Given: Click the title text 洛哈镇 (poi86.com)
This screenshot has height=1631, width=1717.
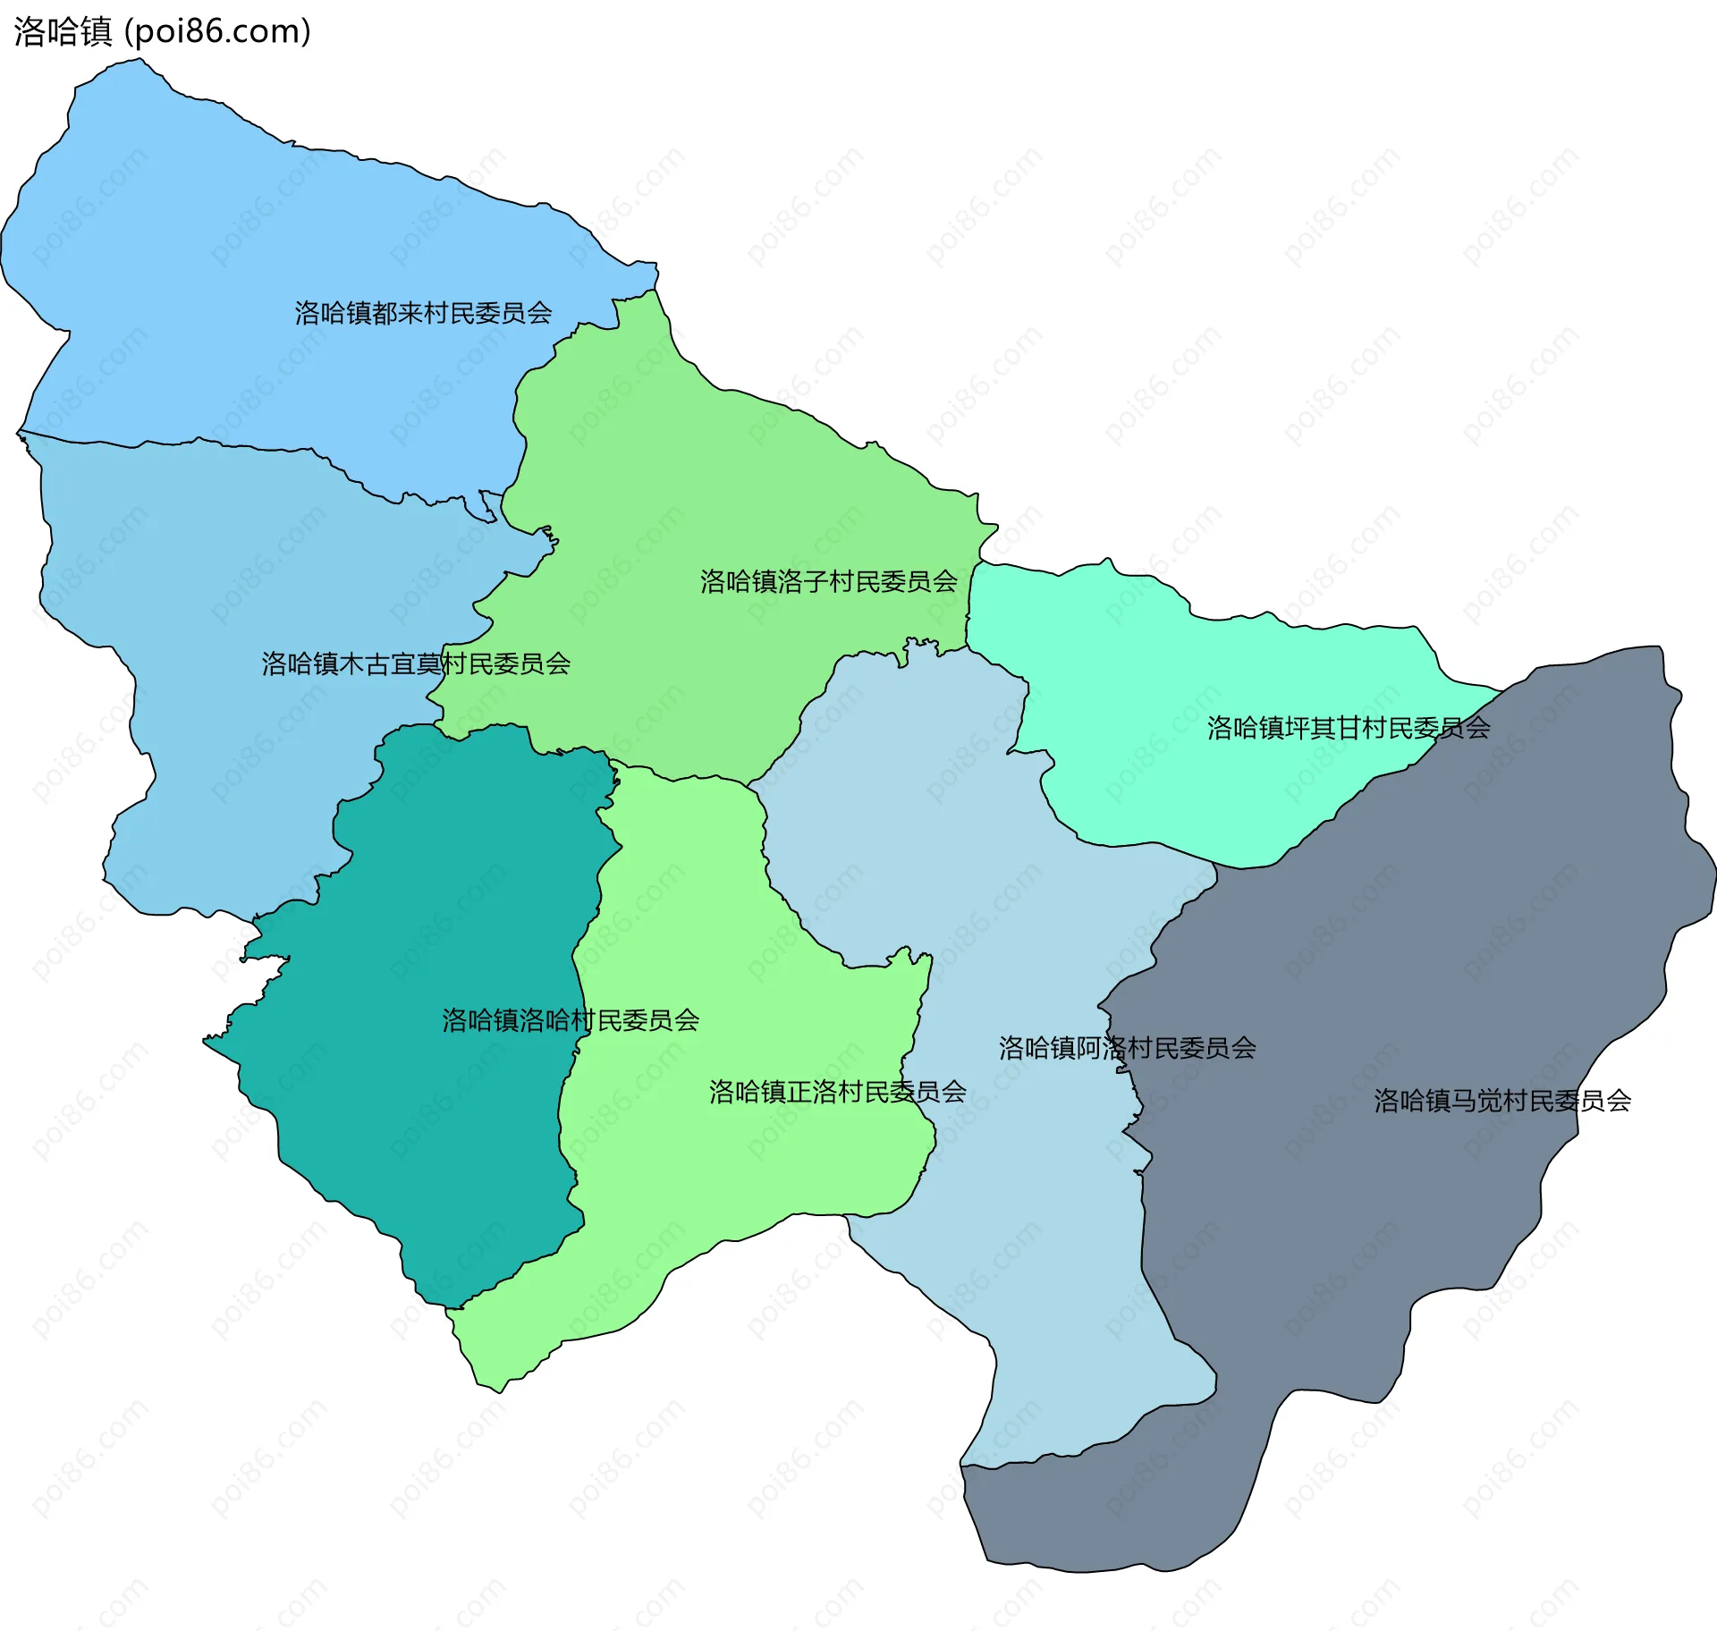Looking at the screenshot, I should click(162, 31).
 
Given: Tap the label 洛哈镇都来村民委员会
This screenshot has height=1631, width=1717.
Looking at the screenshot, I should click(423, 313).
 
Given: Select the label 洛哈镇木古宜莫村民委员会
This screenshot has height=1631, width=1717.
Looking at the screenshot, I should click(416, 663).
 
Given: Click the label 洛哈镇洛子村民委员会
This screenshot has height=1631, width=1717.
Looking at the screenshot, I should click(828, 582).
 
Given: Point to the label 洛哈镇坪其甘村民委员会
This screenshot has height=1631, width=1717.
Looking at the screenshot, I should click(1348, 728).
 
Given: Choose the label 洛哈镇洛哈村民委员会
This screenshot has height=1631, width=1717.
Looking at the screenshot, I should click(570, 1020).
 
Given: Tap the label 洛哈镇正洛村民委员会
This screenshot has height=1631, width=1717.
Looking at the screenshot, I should click(837, 1092).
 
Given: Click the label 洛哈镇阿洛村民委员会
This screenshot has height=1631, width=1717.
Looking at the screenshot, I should click(1127, 1048).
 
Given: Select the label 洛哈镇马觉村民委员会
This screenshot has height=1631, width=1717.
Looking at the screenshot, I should click(1501, 1101).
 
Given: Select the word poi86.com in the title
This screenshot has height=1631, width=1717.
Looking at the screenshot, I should click(217, 31).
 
